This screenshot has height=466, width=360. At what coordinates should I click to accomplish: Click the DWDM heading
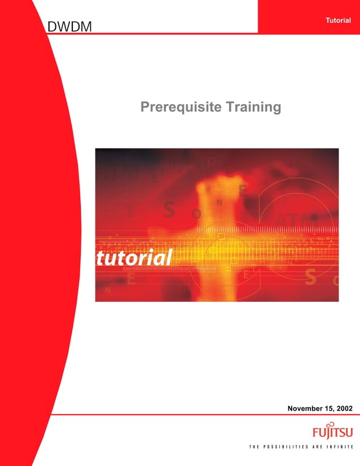click(70, 26)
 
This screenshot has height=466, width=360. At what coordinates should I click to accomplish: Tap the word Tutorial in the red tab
click(338, 20)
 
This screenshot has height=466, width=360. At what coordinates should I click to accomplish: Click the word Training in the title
click(253, 107)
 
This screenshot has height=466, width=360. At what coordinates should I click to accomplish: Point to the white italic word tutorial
click(134, 258)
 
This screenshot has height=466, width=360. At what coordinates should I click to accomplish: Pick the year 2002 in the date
click(343, 407)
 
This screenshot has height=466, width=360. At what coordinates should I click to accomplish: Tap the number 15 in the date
click(328, 407)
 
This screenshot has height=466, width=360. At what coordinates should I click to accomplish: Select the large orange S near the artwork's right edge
click(310, 276)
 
